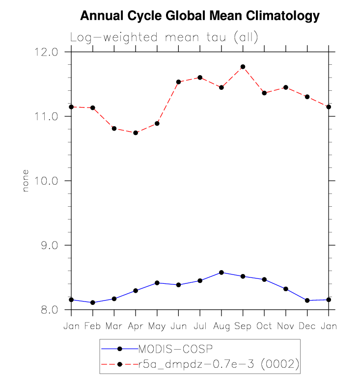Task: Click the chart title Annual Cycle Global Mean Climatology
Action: click(x=199, y=16)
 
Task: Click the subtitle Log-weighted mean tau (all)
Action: click(x=164, y=37)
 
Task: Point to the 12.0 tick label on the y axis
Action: click(x=48, y=52)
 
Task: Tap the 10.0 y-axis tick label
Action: click(x=48, y=181)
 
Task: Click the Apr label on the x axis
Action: click(x=135, y=326)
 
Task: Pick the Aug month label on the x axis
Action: click(x=221, y=326)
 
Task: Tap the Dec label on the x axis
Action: click(x=307, y=326)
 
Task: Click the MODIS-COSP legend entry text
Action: click(x=175, y=349)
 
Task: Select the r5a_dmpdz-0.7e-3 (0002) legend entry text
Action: click(x=218, y=364)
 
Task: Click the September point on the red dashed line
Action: click(x=243, y=67)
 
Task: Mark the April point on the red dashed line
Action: click(x=136, y=133)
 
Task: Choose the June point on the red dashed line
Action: click(x=178, y=82)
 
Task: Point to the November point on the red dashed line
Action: click(x=285, y=87)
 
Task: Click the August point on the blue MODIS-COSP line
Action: click(x=221, y=273)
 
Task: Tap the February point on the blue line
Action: click(x=93, y=302)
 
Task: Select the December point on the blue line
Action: click(x=307, y=301)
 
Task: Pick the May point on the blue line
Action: click(x=157, y=283)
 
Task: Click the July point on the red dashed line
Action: click(x=200, y=78)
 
